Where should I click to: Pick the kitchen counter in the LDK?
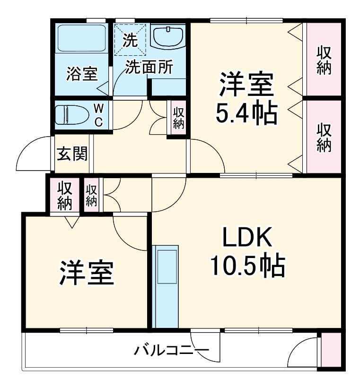(166, 285)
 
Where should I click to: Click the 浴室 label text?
(82, 74)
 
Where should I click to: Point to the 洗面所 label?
(149, 67)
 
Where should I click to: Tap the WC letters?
(99, 115)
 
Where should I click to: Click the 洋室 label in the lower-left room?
(86, 273)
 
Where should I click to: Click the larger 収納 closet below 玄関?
(64, 195)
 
